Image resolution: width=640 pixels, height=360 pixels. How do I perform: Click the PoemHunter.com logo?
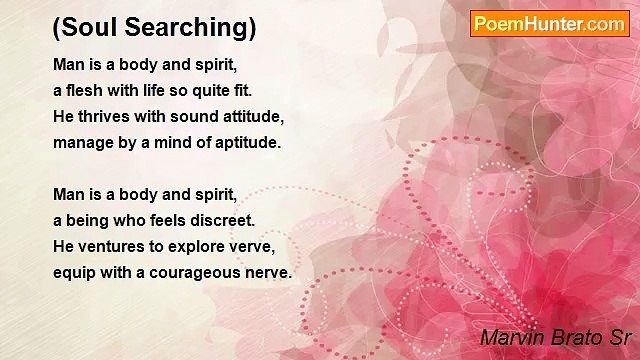[x=549, y=24]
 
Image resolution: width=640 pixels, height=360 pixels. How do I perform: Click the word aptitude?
[x=247, y=142]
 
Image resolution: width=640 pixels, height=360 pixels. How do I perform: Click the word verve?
[x=255, y=246]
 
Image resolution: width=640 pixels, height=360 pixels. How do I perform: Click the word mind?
[x=172, y=142]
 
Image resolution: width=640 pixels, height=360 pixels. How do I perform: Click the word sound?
[x=187, y=116]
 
